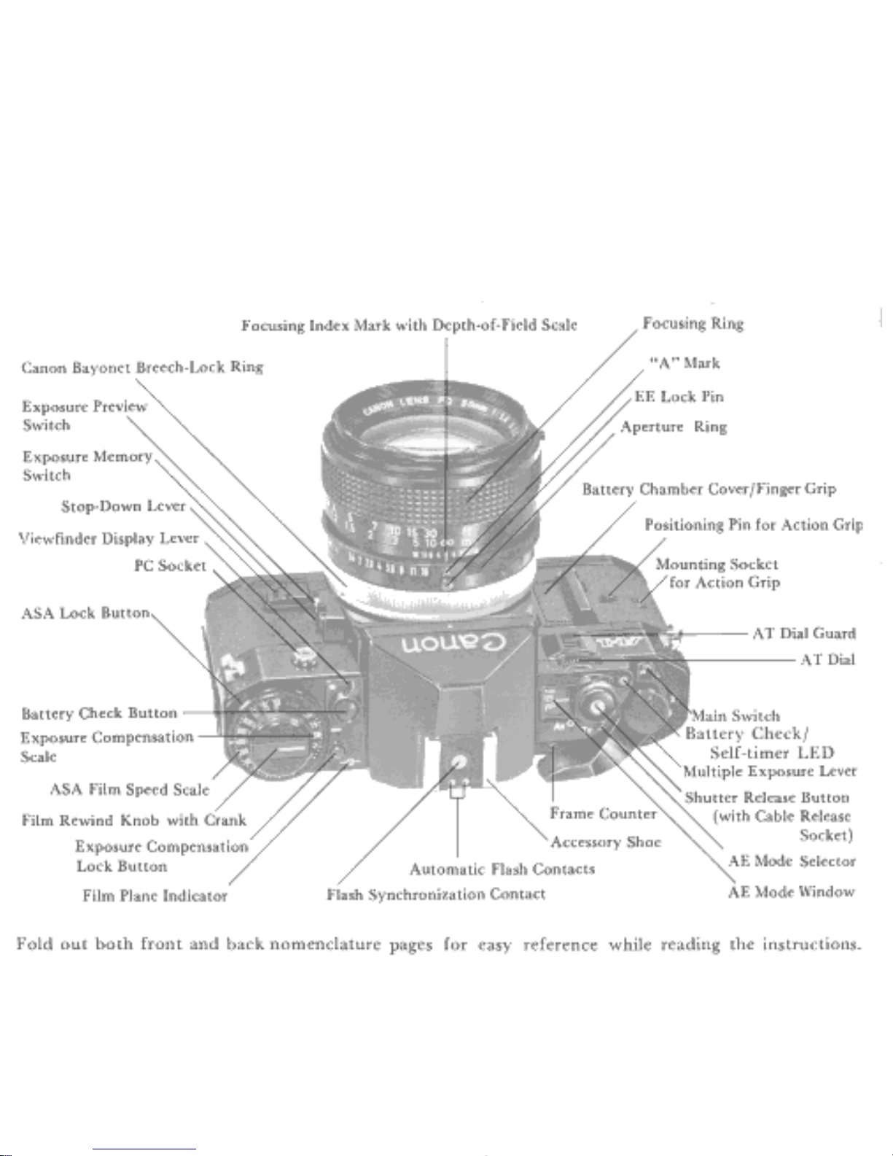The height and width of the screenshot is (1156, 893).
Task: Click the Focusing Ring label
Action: pyautogui.click(x=693, y=323)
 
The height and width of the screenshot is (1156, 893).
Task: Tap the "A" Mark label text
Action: pyautogui.click(x=684, y=363)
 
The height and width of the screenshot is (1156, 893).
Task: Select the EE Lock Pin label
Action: pyautogui.click(x=679, y=396)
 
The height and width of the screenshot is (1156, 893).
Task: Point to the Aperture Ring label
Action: pyautogui.click(x=673, y=427)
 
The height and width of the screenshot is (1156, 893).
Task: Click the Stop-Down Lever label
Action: pyautogui.click(x=123, y=505)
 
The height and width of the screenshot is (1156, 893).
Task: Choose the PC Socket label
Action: pyautogui.click(x=170, y=565)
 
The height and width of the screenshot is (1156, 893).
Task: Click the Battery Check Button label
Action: pyautogui.click(x=99, y=713)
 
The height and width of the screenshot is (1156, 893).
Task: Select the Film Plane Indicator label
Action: pyautogui.click(x=155, y=896)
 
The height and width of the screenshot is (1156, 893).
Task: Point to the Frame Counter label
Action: pyautogui.click(x=603, y=813)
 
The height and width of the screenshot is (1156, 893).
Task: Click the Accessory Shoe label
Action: pyautogui.click(x=605, y=842)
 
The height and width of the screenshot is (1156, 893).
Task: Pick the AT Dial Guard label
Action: pyautogui.click(x=803, y=633)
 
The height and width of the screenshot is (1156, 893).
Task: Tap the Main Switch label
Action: pyautogui.click(x=735, y=715)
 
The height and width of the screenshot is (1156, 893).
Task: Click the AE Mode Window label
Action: pyautogui.click(x=791, y=891)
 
